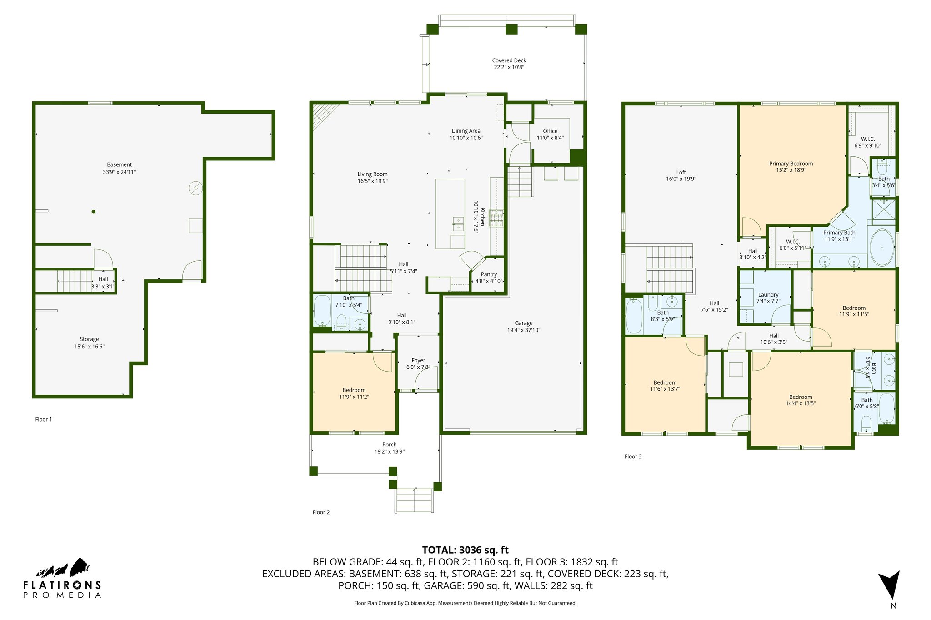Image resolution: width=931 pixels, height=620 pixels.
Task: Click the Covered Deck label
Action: (509, 60)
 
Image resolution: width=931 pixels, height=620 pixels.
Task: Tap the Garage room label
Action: (524, 323)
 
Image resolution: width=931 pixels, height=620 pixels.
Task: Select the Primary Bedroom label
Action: (791, 164)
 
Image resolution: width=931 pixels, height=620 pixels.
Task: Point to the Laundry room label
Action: (768, 295)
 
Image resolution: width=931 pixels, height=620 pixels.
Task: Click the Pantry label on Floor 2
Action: (489, 274)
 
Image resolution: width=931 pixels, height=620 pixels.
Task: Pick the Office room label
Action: (550, 131)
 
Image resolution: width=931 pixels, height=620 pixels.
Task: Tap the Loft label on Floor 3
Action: (681, 173)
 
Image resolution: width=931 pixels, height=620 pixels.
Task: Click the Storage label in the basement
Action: (89, 339)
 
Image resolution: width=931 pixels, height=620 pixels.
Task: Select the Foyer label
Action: (419, 361)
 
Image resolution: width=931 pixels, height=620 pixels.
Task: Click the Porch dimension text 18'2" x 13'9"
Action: (390, 452)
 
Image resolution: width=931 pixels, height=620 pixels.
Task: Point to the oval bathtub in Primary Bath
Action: (882, 248)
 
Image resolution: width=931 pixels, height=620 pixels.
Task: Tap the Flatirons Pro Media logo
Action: (62, 578)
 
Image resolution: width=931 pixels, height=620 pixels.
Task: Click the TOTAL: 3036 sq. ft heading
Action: (465, 550)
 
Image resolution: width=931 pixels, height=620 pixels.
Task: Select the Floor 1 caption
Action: (44, 419)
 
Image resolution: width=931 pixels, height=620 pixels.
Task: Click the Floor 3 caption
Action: (633, 456)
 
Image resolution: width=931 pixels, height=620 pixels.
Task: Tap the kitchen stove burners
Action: (496, 218)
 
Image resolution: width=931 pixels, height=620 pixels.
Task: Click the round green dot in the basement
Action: (94, 212)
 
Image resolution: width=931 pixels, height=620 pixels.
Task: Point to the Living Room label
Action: (372, 174)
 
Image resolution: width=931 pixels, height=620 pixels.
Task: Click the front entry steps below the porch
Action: (414, 501)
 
